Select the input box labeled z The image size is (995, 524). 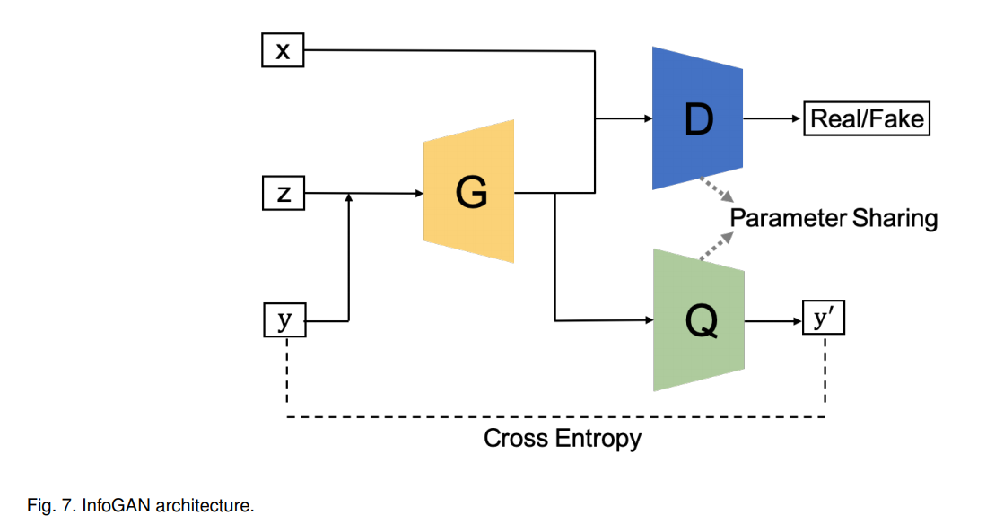click(x=283, y=193)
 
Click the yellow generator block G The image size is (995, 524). click(x=469, y=192)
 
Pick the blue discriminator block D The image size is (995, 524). click(x=697, y=118)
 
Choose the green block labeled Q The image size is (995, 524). click(x=699, y=320)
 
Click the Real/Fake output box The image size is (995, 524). click(x=866, y=118)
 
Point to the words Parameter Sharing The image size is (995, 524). click(x=833, y=218)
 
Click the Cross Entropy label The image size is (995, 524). click(x=563, y=439)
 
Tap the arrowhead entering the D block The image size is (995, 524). click(x=646, y=118)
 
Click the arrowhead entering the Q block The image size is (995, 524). click(x=647, y=319)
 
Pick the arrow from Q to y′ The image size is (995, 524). click(x=773, y=320)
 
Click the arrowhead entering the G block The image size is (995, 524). click(x=418, y=193)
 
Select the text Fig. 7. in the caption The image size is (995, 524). click(x=52, y=506)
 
